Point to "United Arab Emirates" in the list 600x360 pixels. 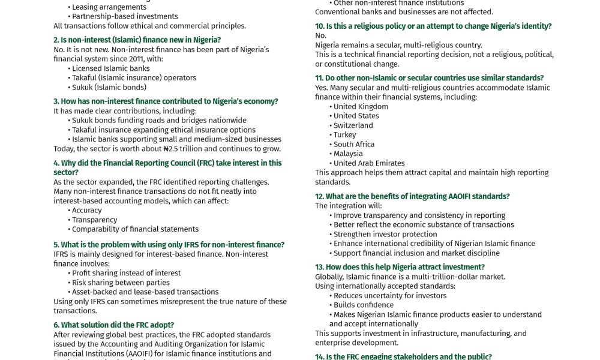point(369,163)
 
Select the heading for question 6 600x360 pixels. point(114,325)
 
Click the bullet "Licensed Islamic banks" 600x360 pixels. point(111,68)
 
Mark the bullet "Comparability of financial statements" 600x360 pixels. point(135,229)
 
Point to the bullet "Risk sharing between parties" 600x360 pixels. point(121,283)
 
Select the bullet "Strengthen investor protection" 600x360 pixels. point(385,234)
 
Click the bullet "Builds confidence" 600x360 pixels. point(364,305)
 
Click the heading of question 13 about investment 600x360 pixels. point(400,267)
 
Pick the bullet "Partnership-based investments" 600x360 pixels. point(125,16)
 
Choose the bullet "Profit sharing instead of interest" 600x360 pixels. point(126,273)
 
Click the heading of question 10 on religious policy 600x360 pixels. point(433,26)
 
